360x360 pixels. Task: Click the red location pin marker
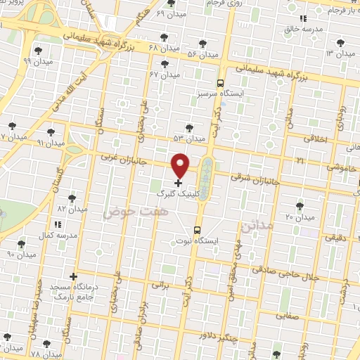(x=181, y=165)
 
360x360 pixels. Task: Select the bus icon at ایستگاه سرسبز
(x=220, y=82)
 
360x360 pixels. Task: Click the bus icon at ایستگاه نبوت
(x=197, y=229)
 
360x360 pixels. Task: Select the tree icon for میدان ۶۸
(x=165, y=37)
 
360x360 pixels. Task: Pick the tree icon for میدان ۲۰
(x=300, y=206)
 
